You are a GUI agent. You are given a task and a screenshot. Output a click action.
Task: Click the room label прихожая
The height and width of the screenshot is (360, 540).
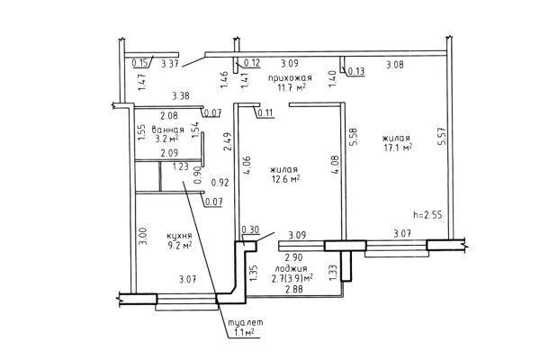pos(289,78)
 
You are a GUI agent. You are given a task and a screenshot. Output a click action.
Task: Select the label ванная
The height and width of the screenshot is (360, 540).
pos(168,130)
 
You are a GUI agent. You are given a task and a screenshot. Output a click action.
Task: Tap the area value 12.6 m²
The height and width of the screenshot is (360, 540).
pos(284,178)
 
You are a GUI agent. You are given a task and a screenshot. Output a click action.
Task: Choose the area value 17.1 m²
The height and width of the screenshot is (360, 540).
pos(397,147)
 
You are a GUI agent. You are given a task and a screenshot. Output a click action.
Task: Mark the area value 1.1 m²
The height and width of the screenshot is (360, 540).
pos(241,333)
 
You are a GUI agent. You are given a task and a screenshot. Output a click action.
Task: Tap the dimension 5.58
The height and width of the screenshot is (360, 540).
pos(354,136)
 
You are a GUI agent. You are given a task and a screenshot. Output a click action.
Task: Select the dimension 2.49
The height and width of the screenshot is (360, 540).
pos(229,142)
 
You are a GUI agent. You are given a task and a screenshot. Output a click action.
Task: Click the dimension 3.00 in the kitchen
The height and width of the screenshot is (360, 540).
pos(141,237)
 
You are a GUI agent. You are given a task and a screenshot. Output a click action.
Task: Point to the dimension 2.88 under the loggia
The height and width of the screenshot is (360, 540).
pos(293,289)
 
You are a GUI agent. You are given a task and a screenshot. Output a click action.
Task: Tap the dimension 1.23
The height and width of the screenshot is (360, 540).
pos(179,166)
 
